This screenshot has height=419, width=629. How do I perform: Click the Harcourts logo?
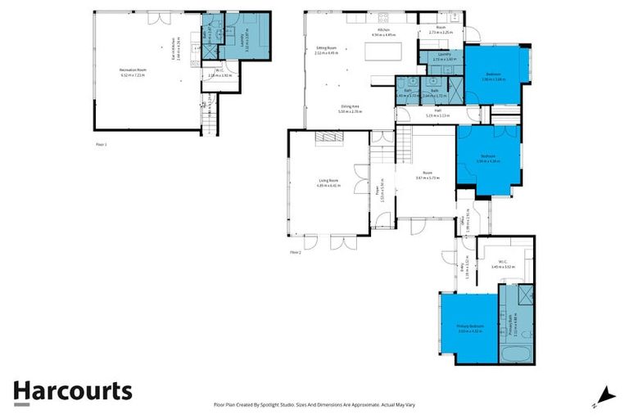coord(72,391)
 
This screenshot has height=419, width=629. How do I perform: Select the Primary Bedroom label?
coord(469,328)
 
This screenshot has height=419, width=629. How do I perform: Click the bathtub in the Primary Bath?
coord(518,354)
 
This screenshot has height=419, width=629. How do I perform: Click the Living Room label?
coord(328,184)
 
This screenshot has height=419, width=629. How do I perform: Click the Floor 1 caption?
coord(102,144)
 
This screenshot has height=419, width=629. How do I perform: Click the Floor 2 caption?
coord(296,253)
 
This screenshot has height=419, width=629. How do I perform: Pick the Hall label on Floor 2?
coord(438,113)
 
